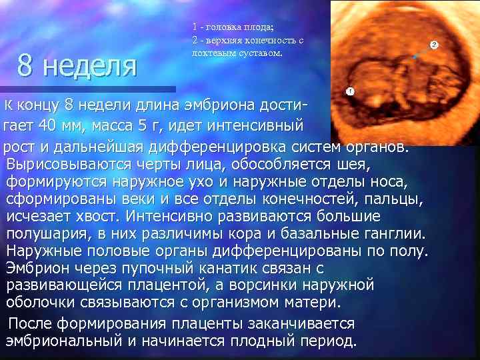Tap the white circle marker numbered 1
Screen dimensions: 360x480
[350, 91]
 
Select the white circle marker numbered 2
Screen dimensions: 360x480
[433, 45]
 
